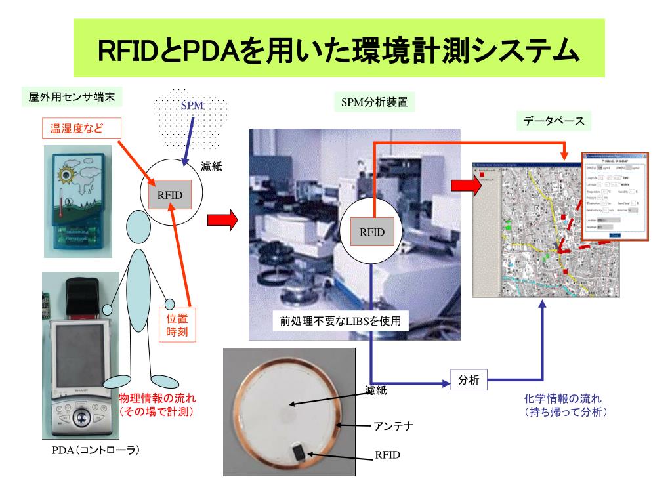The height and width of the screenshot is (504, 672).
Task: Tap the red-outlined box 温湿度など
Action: point(81,128)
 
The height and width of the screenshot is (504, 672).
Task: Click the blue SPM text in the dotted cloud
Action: point(194,105)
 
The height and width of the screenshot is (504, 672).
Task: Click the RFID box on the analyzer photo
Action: point(372,231)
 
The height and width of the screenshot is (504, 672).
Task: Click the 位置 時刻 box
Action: point(177,325)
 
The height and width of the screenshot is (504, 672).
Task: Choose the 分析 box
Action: point(469,379)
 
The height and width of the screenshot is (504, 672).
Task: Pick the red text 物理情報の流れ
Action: point(157,398)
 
